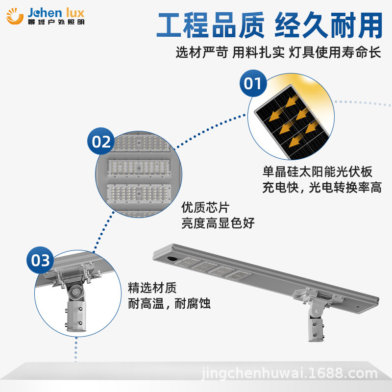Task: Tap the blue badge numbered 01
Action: (253, 84)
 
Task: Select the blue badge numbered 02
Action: (101, 142)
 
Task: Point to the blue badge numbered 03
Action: (41, 260)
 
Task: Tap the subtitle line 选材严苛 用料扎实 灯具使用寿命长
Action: (278, 52)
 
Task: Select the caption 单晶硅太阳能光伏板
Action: (318, 172)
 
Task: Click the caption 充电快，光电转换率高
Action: (322, 187)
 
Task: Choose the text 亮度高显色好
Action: (218, 223)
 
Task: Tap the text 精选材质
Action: (152, 288)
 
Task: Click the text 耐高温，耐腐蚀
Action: (169, 303)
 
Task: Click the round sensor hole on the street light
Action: (172, 257)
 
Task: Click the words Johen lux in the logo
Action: (57, 12)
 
